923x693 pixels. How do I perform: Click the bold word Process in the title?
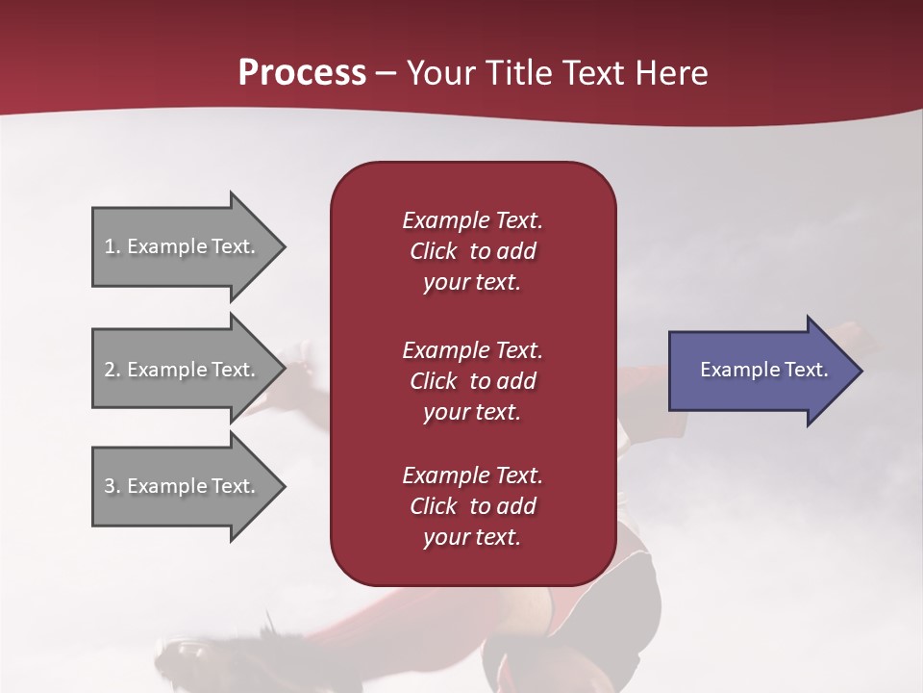tap(302, 73)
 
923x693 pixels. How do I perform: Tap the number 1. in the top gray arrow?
tap(112, 246)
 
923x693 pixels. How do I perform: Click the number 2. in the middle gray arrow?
tap(112, 370)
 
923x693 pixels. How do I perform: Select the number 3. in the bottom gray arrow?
tap(112, 486)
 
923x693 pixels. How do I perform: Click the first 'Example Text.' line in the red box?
tap(472, 220)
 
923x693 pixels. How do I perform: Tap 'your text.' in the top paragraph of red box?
tap(472, 282)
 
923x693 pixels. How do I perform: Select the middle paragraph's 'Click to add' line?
tap(472, 381)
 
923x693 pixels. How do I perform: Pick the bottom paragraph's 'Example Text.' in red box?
tap(472, 475)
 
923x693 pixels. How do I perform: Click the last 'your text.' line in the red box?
tap(472, 537)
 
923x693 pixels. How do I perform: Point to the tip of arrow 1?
tap(284, 246)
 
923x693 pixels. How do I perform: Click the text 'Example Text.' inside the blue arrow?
tap(764, 370)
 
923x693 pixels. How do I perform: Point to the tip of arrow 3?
tap(284, 486)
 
